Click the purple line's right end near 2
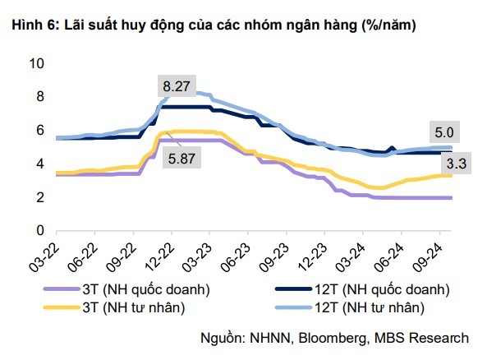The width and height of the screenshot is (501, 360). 450,198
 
